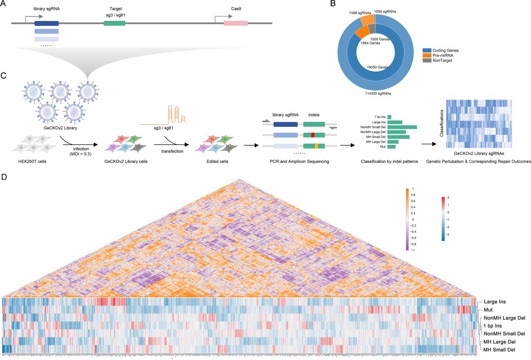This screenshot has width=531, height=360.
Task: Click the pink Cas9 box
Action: pyautogui.click(x=236, y=23)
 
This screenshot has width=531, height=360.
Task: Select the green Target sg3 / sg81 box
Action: pyautogui.click(x=114, y=23)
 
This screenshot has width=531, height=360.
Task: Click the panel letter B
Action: pyautogui.click(x=333, y=4)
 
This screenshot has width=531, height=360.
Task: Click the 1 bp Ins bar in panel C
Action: pyautogui.click(x=389, y=117)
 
